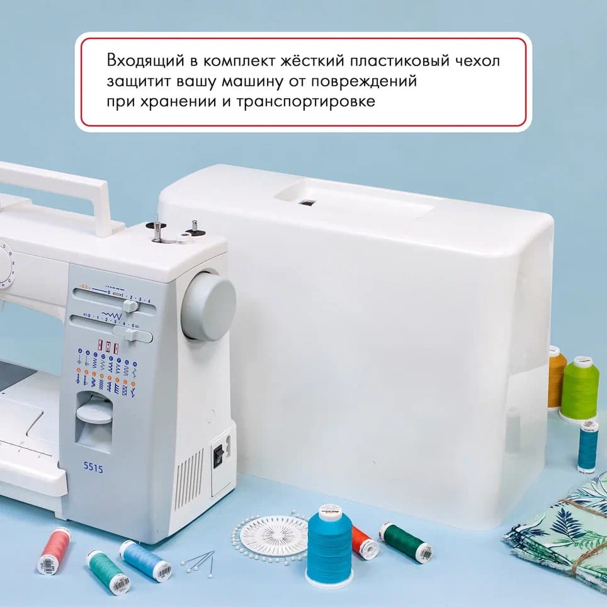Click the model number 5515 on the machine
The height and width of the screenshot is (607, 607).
point(94,468)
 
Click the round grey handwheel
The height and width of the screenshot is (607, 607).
point(208,307)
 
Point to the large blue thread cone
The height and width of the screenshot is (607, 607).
point(329,544)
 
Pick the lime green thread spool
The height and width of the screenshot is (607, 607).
point(579,389)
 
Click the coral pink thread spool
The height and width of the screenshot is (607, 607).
point(54,550)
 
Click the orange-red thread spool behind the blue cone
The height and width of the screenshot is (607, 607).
point(365,542)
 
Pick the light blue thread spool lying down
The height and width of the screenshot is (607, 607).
point(145,560)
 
